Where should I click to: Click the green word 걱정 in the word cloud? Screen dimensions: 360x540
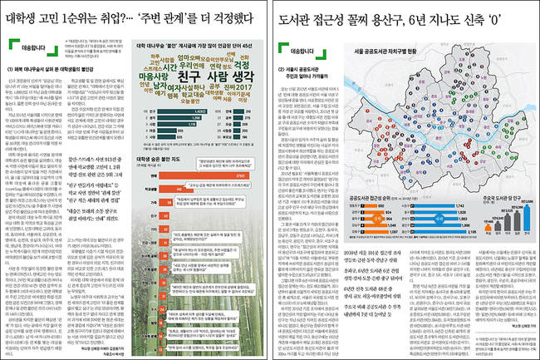pos(239,67)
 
